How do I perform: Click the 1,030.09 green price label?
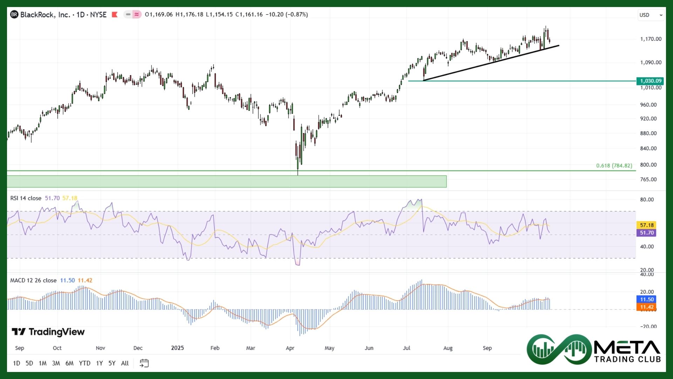[x=651, y=81]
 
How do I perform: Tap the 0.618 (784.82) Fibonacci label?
[x=614, y=166]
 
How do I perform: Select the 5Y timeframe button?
[x=112, y=363]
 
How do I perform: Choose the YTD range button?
[x=84, y=363]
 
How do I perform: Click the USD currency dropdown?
[x=651, y=15]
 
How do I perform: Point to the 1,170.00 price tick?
[x=651, y=39]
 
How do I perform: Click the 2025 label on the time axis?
[x=177, y=348]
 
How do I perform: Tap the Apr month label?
[x=290, y=348]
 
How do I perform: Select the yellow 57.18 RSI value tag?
[x=647, y=225]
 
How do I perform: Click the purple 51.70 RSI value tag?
[x=647, y=233]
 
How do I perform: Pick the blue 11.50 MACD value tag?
[x=647, y=299]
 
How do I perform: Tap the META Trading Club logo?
[x=594, y=350]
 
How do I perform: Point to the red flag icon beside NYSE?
[x=114, y=15]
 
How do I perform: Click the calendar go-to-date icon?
[x=144, y=363]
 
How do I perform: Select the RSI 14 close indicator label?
[x=26, y=198]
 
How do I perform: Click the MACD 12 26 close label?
[x=33, y=280]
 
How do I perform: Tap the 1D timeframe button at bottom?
[x=16, y=363]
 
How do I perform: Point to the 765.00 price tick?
[x=648, y=180]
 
